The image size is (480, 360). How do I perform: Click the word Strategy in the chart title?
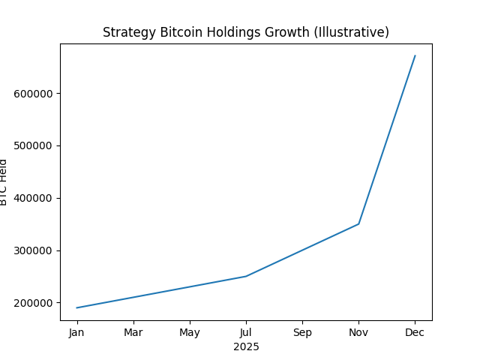pyautogui.click(x=127, y=32)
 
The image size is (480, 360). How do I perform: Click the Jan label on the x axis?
pyautogui.click(x=77, y=332)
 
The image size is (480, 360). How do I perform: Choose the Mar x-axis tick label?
pyautogui.click(x=133, y=332)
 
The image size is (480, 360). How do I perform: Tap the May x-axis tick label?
pyautogui.click(x=190, y=332)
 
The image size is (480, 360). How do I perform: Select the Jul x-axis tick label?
pyautogui.click(x=246, y=332)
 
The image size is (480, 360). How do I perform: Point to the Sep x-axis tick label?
pyautogui.click(x=302, y=332)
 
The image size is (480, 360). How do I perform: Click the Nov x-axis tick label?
pyautogui.click(x=358, y=332)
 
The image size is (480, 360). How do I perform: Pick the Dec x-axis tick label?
pyautogui.click(x=415, y=332)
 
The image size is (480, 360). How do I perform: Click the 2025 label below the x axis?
pyautogui.click(x=246, y=346)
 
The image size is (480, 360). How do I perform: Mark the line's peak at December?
pyautogui.click(x=415, y=56)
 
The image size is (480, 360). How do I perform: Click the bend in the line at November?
pyautogui.click(x=358, y=223)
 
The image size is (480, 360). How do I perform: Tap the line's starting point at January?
pyautogui.click(x=77, y=307)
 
